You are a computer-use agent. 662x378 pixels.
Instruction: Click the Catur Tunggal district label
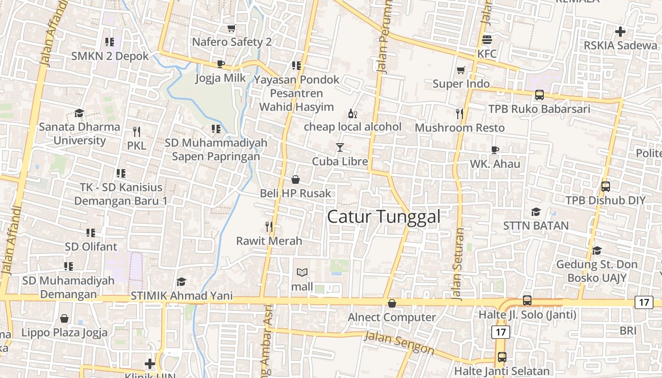tap(383, 217)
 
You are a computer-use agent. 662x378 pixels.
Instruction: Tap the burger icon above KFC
tap(487, 39)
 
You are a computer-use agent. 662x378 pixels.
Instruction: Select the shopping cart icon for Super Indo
tap(461, 70)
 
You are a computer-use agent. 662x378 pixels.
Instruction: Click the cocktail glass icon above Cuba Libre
tap(340, 147)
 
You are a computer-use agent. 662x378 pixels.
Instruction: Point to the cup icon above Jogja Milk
tap(220, 64)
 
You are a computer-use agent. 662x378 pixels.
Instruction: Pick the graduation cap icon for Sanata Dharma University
tap(79, 113)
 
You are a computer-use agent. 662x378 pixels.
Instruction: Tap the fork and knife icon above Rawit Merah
tap(269, 227)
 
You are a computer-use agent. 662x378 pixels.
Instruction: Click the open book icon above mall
tap(302, 273)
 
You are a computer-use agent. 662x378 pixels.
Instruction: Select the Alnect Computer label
tap(392, 317)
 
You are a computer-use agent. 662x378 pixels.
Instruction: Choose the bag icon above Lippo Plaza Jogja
tap(64, 318)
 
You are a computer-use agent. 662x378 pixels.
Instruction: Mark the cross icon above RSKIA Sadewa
tap(620, 32)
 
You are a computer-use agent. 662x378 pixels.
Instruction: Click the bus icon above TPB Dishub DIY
tap(605, 186)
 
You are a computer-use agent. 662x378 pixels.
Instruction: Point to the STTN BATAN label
tap(536, 225)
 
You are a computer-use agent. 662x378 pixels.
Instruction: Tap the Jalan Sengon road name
tap(400, 344)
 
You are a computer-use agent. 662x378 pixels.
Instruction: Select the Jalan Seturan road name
tap(458, 265)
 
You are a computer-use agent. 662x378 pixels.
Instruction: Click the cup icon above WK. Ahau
tap(495, 150)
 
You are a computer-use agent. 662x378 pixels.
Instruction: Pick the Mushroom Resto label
tap(460, 128)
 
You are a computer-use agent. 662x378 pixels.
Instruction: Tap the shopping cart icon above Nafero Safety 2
tap(231, 28)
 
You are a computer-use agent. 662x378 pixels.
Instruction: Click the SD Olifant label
tap(91, 247)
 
